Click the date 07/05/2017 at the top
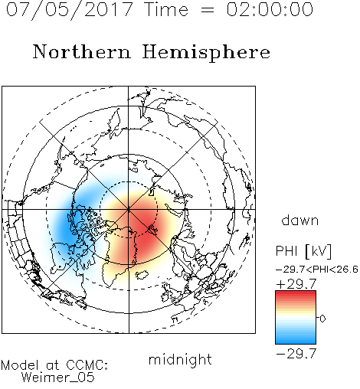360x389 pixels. coord(70,10)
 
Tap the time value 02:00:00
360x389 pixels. coord(270,9)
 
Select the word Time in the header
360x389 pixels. coord(166,9)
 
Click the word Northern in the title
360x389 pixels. coord(82,51)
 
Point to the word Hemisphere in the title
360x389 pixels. coord(206,53)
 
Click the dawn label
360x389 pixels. coord(300,220)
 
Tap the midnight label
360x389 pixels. coord(180,359)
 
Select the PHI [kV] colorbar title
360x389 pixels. coord(303,251)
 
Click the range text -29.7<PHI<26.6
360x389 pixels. coord(317,270)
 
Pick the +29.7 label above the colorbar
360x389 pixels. coord(296,284)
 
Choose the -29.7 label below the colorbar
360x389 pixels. coord(296,354)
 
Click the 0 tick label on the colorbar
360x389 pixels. coord(322,319)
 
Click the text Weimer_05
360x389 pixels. coord(58,378)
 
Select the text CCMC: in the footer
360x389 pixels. coord(87,365)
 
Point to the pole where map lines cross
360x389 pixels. coord(129,209)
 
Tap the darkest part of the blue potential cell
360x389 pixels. coord(67,227)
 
